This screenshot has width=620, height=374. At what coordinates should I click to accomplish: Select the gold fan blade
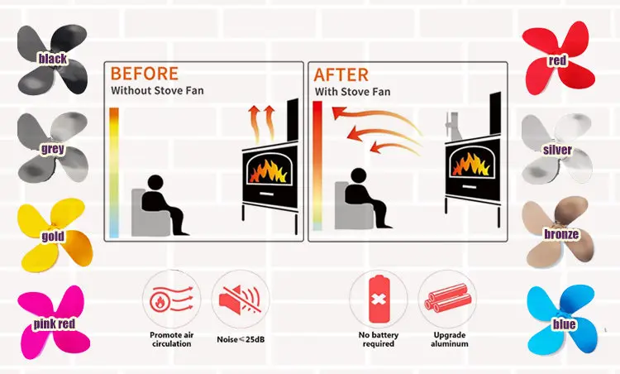(51, 236)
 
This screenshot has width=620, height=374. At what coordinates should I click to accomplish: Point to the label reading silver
(557, 150)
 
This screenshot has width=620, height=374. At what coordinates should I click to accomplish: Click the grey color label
(52, 150)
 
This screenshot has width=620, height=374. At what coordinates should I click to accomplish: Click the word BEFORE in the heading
(145, 73)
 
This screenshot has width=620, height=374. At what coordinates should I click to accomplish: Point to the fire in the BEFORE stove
(265, 169)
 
